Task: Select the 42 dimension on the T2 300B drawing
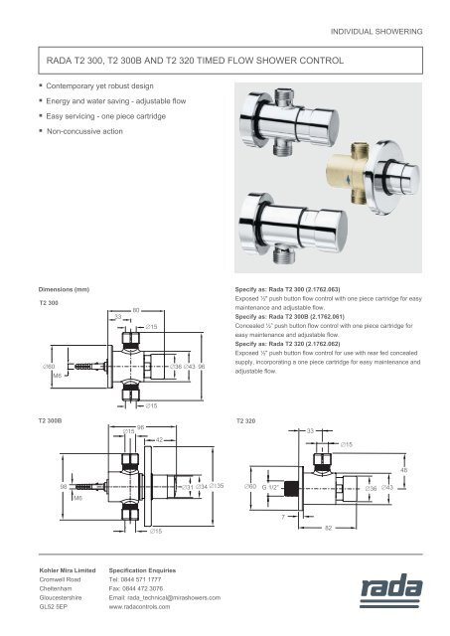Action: pos(160,438)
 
